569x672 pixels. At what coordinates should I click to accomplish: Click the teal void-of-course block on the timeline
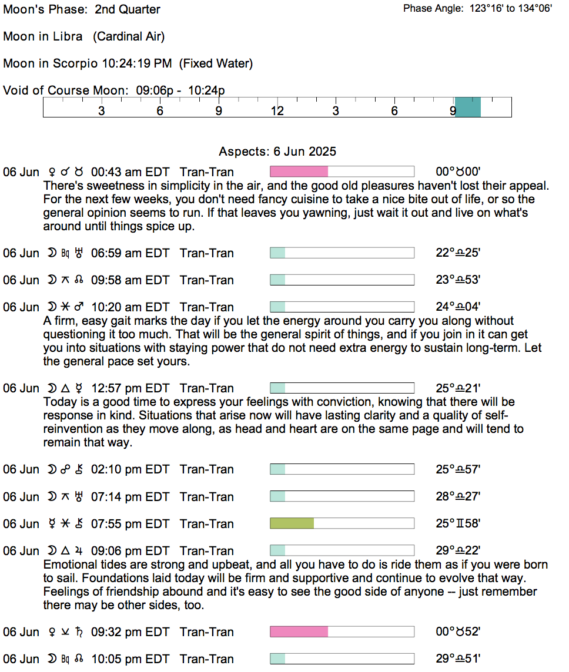[x=468, y=107]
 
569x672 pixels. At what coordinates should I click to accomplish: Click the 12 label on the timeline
[x=277, y=111]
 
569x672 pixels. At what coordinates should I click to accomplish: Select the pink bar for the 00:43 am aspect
[x=299, y=172]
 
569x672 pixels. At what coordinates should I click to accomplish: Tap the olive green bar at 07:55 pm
[x=292, y=523]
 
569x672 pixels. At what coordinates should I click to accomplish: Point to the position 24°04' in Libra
[x=458, y=307]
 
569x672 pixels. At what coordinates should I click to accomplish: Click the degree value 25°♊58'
[x=458, y=523]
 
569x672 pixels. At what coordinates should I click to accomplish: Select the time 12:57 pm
[x=116, y=388]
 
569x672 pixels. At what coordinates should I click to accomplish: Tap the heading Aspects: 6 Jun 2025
[x=277, y=152]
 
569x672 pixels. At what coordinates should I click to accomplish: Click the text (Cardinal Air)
[x=129, y=36]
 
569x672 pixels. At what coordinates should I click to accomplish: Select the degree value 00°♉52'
[x=458, y=632]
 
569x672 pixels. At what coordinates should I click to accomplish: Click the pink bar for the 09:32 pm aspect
[x=299, y=632]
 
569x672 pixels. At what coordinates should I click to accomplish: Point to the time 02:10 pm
[x=116, y=469]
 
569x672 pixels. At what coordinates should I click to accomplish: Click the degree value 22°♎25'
[x=458, y=253]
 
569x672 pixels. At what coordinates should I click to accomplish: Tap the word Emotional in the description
[x=69, y=565]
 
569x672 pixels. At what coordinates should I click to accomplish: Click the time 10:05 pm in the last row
[x=116, y=659]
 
